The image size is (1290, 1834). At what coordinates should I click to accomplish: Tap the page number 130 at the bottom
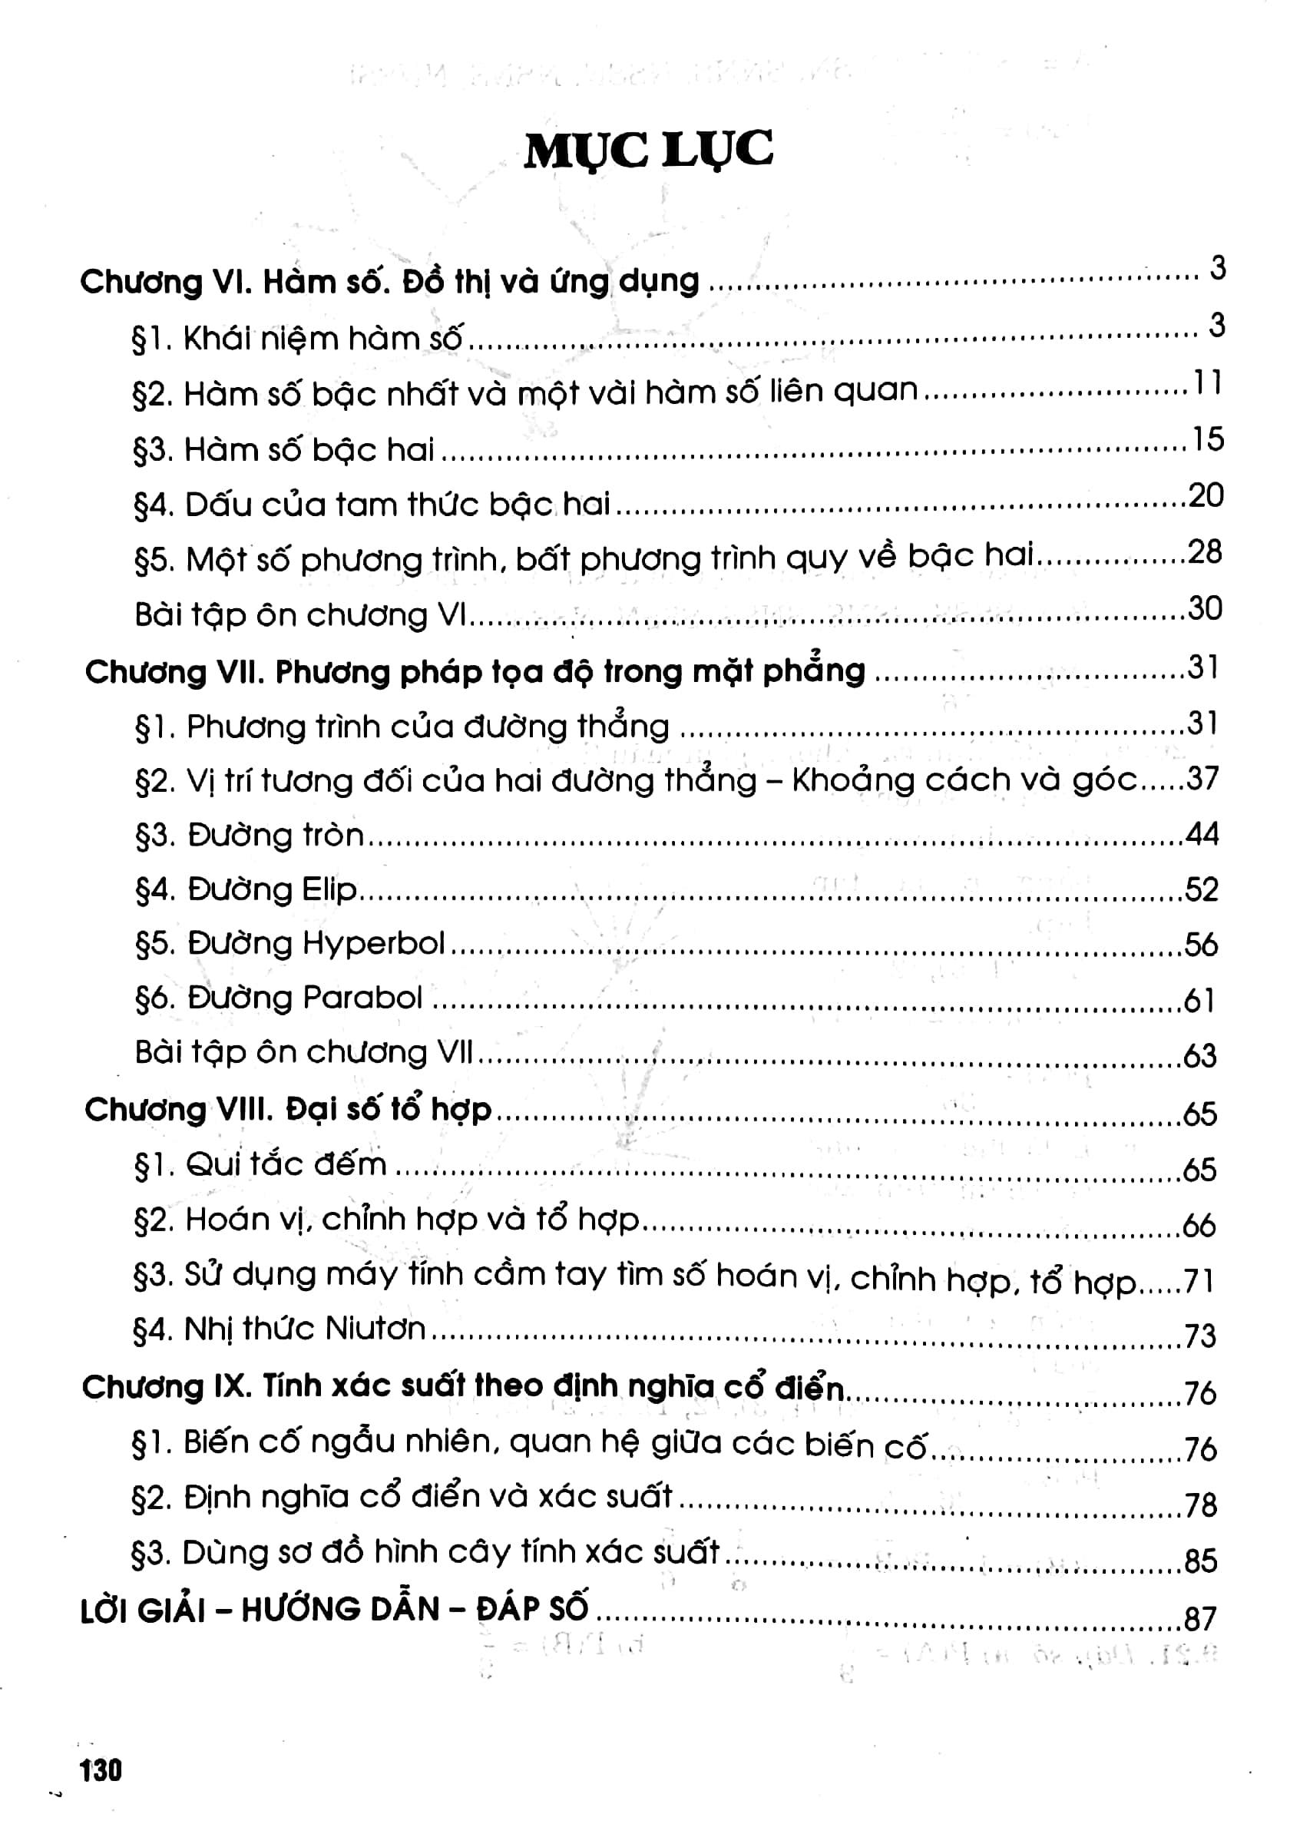click(x=101, y=1770)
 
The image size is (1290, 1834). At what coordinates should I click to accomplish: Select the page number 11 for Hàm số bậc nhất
click(x=1207, y=383)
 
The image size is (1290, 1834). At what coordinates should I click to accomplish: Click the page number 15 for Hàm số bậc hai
click(x=1207, y=439)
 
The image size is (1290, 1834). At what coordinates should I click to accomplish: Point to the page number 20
click(x=1206, y=496)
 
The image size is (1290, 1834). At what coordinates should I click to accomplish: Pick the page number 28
click(x=1206, y=552)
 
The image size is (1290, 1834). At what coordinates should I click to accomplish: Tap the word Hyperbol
click(x=374, y=944)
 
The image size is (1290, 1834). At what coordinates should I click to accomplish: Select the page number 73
click(x=1199, y=1336)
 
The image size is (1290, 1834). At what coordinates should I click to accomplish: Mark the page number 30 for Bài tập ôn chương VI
click(x=1206, y=609)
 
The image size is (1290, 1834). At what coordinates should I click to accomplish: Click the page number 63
click(x=1199, y=1056)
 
